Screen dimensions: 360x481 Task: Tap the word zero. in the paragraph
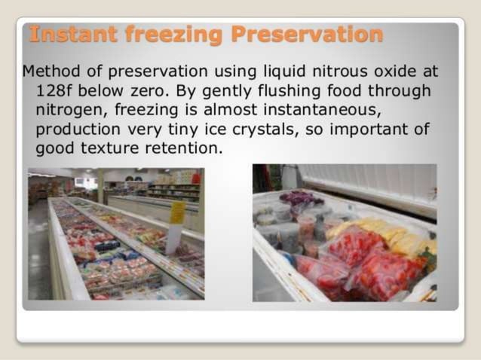[156, 91]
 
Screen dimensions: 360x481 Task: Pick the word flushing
[280, 91]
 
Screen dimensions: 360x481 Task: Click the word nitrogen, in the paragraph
[70, 110]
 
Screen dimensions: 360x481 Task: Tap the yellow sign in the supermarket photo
[178, 213]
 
